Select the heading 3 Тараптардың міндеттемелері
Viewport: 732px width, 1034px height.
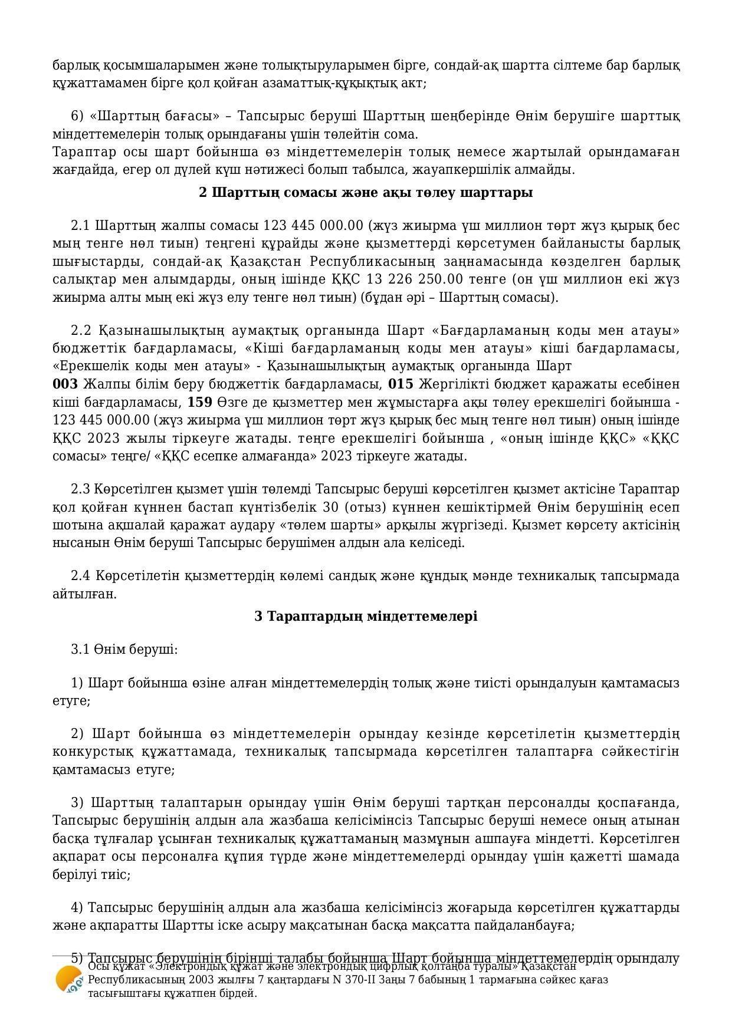[x=366, y=616]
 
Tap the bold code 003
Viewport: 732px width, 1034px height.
[x=65, y=384]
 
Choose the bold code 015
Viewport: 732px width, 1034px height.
[x=401, y=384]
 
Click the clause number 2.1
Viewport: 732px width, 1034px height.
[x=80, y=226]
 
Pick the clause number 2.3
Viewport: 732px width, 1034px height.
[x=80, y=489]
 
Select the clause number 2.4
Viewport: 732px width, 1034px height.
[x=80, y=575]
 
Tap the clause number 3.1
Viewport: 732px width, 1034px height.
[x=80, y=650]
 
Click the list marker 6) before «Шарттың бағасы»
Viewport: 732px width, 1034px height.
[x=77, y=116]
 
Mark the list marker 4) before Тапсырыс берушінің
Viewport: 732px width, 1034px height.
[x=77, y=907]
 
